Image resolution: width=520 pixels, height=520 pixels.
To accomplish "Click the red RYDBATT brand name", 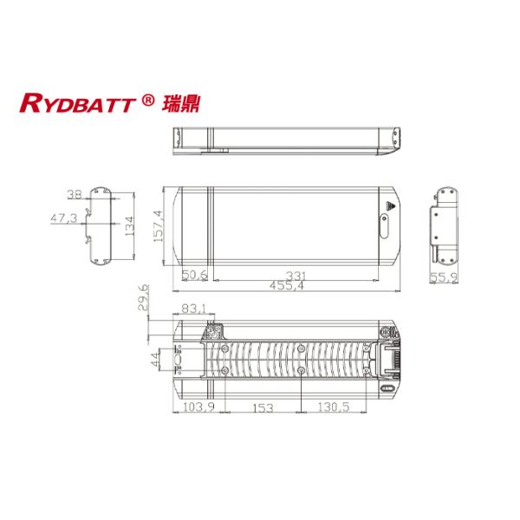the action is point(78,103).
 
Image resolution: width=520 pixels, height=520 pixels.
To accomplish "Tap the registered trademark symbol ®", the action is point(147,100).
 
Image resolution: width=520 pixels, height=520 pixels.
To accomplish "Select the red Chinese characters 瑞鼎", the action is point(181,103).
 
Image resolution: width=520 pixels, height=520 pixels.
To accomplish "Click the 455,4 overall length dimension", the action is point(287,285).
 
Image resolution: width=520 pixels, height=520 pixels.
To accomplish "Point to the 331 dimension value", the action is point(296,276).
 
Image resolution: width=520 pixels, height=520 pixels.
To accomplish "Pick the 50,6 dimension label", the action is point(195,275).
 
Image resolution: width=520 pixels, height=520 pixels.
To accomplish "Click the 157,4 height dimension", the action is point(159,226).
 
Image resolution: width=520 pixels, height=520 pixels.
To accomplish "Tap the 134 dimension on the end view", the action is point(130,226).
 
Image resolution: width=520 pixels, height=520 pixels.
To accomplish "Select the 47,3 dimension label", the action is point(63,218).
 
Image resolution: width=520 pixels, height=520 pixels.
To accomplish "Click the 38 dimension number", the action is point(75,194).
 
